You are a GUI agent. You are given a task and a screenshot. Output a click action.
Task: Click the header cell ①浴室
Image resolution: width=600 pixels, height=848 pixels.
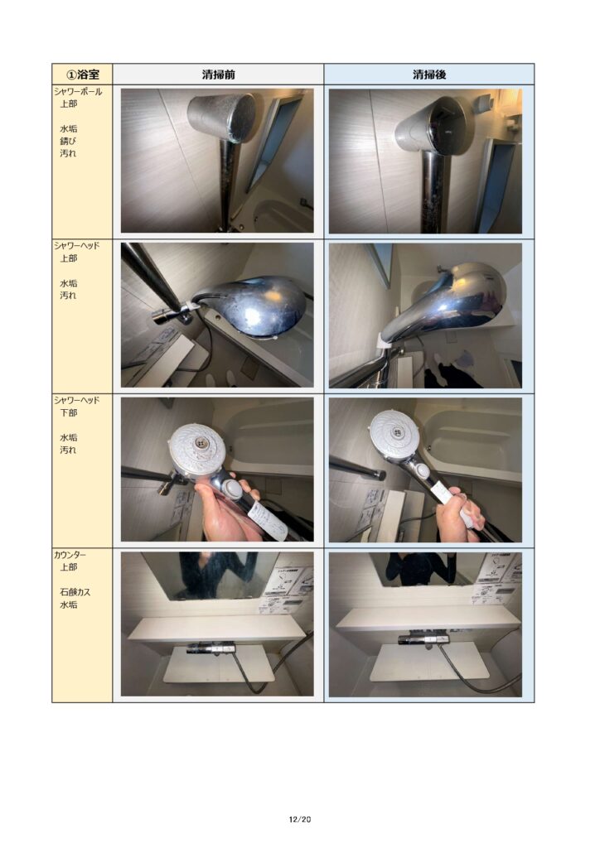tap(82, 74)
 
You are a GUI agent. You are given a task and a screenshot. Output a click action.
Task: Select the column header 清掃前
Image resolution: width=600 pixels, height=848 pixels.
tap(218, 75)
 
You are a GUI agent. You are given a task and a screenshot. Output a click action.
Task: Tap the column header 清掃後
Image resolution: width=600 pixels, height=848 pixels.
tap(429, 75)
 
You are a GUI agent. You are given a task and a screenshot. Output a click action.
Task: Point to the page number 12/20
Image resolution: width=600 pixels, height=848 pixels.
tap(300, 819)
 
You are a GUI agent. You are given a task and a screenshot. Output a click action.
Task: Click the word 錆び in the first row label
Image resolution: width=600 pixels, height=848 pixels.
tap(68, 141)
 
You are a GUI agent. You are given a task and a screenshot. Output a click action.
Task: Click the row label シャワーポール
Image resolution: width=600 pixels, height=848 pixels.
tap(78, 91)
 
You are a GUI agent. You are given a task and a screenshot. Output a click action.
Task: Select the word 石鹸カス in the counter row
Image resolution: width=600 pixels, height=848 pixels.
tap(75, 592)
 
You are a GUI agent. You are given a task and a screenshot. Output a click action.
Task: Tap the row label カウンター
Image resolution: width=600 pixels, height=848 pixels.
tap(70, 555)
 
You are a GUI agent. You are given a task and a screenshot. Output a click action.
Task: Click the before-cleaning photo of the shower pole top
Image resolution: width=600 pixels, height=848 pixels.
tap(217, 161)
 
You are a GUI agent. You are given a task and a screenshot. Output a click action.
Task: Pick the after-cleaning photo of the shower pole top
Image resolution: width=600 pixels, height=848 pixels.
tap(425, 161)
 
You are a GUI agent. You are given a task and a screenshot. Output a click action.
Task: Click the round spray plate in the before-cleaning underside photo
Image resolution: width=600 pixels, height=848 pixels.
tap(198, 446)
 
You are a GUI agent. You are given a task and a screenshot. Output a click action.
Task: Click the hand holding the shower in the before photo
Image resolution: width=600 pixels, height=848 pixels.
tap(225, 511)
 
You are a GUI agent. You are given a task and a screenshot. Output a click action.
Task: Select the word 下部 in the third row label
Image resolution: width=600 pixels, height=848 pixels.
tap(68, 412)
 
